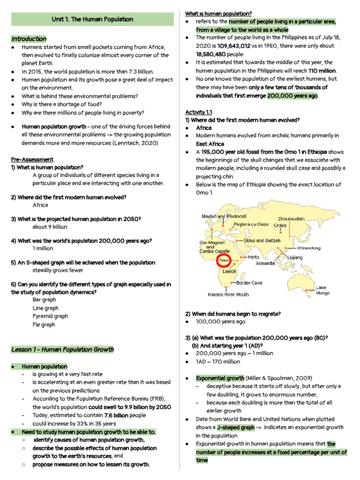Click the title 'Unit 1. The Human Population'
92,19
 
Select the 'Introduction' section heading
29,39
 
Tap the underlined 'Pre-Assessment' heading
32,159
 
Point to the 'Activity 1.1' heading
199,112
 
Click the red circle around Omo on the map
224,260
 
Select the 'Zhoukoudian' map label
291,218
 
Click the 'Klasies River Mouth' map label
228,295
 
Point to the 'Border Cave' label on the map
249,283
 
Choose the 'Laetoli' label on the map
229,271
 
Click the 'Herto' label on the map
253,257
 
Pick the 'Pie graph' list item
44,324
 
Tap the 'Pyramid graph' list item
50,316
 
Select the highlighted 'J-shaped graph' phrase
236,427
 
